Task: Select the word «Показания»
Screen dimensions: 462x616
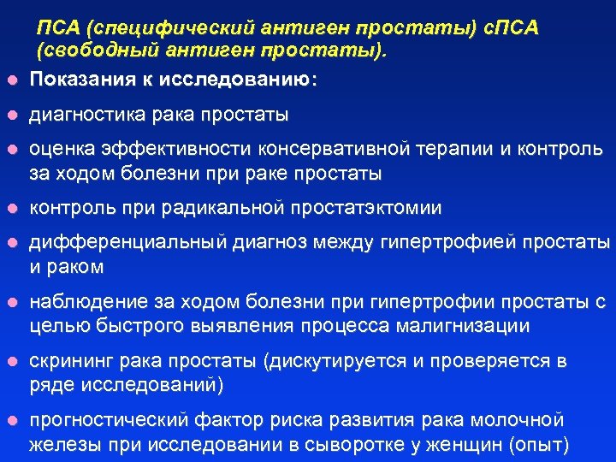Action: point(80,80)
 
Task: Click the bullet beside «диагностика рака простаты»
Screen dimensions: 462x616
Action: point(10,115)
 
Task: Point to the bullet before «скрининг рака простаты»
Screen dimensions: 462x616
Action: point(10,362)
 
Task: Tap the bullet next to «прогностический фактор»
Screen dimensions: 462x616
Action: point(10,422)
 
